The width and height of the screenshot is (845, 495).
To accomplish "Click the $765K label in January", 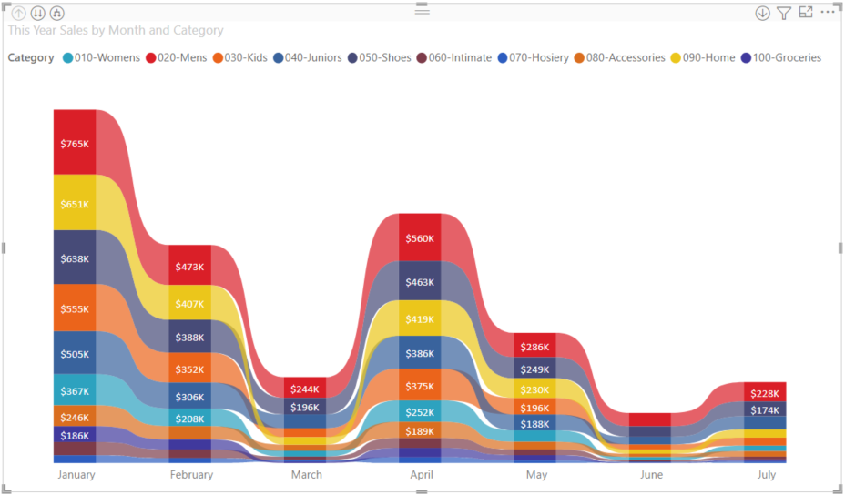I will [x=75, y=144].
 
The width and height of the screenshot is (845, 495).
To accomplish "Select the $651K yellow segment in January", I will [x=75, y=204].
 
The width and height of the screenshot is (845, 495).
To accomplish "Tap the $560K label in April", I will [x=420, y=239].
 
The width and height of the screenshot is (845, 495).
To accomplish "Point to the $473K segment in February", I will [x=189, y=268].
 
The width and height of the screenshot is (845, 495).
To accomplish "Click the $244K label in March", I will [x=305, y=389].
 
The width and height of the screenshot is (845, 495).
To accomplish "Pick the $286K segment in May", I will [x=534, y=347].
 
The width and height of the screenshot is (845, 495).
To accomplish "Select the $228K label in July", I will [x=765, y=393].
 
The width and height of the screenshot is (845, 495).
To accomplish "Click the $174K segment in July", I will [x=765, y=410].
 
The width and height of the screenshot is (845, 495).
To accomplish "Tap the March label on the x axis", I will [x=306, y=475].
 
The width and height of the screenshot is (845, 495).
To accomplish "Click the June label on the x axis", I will [x=651, y=475].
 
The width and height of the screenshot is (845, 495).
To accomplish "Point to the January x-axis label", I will [x=76, y=475].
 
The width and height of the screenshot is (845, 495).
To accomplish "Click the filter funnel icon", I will [x=784, y=13].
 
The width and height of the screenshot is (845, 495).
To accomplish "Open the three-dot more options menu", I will [x=827, y=13].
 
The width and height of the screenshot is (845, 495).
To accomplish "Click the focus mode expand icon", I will [x=806, y=13].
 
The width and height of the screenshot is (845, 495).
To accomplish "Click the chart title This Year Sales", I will [x=116, y=30].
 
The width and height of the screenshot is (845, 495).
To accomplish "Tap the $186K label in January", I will [x=75, y=436].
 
